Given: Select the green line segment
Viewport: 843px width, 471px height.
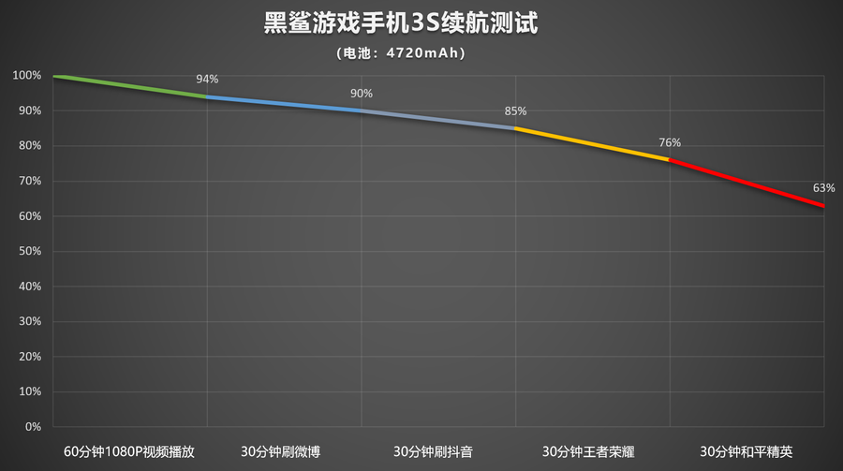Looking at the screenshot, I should [x=131, y=86].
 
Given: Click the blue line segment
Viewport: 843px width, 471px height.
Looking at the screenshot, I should [x=284, y=104].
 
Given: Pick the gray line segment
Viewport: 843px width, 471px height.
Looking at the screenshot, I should [x=438, y=120].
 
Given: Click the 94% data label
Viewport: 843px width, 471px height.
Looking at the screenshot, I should [x=207, y=80].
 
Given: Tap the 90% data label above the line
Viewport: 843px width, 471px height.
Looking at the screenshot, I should [x=362, y=94].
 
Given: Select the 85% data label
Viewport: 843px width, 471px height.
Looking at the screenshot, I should [x=515, y=111].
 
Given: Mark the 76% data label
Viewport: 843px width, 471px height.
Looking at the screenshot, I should [x=670, y=143].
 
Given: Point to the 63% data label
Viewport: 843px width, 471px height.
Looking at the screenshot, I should [x=823, y=188].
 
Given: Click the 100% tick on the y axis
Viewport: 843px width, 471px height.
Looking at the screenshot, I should [x=28, y=75].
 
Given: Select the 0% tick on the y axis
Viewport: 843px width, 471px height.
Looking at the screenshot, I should [x=34, y=427].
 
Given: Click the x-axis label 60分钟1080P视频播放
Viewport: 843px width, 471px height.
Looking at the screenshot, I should [x=129, y=451].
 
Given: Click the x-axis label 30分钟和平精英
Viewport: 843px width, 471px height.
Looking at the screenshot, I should [x=747, y=451].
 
